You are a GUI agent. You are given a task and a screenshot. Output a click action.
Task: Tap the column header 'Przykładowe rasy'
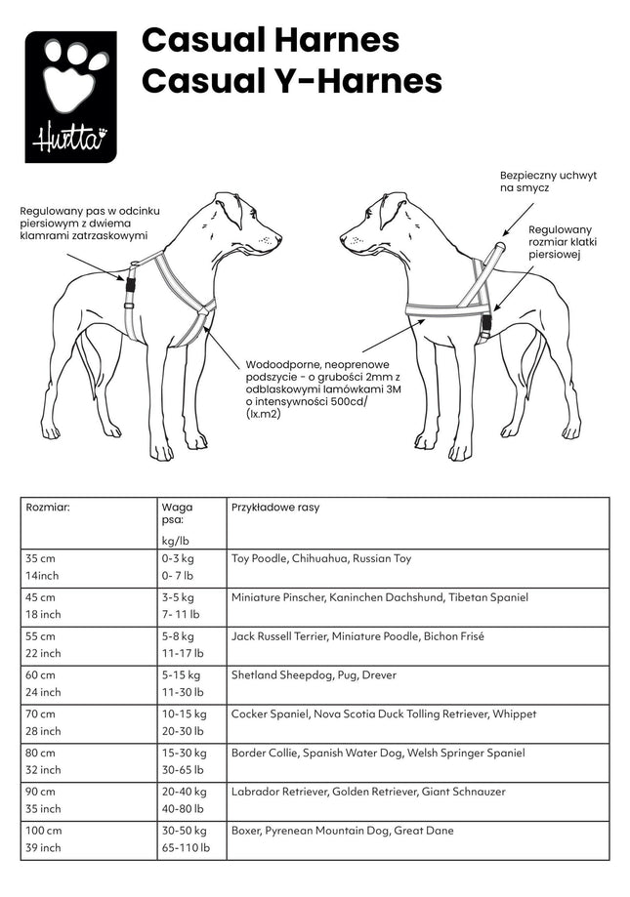275,508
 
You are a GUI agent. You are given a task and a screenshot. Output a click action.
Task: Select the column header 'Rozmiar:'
48,508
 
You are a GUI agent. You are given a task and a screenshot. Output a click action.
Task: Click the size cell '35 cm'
41,558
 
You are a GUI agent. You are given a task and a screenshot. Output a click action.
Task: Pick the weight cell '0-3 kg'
178,558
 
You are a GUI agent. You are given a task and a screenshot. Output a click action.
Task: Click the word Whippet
514,714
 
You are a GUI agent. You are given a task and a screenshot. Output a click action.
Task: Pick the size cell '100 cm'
44,831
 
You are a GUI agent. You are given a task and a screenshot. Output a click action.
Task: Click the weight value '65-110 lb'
186,847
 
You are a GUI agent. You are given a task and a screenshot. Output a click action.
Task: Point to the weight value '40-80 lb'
183,808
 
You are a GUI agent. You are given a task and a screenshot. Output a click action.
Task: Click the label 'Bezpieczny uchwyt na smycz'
546,180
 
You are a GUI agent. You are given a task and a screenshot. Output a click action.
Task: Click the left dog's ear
231,211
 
